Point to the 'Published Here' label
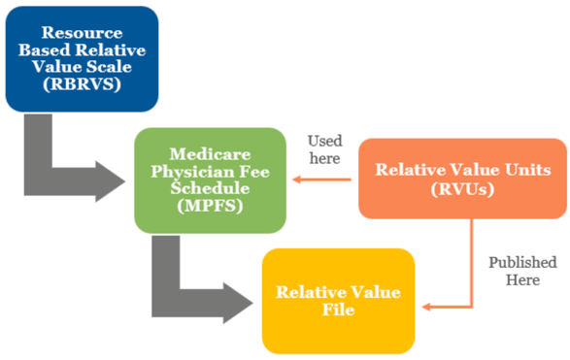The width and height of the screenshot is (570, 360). (522, 271)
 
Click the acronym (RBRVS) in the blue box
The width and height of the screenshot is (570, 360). (82, 84)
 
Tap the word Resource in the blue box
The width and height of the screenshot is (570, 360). (82, 32)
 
